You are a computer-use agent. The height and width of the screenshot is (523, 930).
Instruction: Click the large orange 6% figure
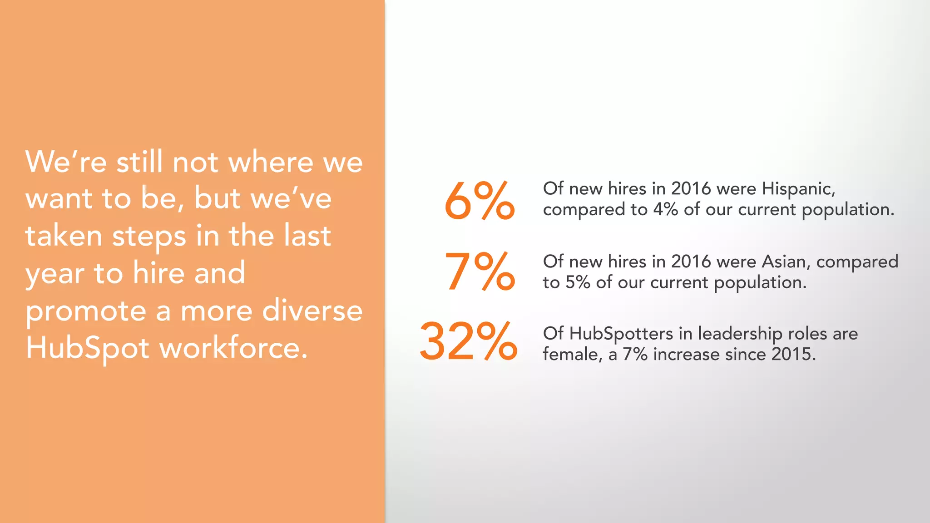pyautogui.click(x=479, y=201)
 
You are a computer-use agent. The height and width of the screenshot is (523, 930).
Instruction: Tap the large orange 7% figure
pyautogui.click(x=479, y=271)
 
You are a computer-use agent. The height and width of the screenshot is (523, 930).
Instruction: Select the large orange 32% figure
pyautogui.click(x=468, y=341)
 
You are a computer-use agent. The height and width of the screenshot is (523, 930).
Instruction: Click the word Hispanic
pyautogui.click(x=798, y=189)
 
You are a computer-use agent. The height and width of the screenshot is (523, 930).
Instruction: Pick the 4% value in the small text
pyautogui.click(x=665, y=210)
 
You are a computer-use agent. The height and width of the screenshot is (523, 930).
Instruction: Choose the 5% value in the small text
pyautogui.click(x=578, y=282)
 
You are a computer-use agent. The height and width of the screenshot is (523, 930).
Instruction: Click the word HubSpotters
pyautogui.click(x=621, y=334)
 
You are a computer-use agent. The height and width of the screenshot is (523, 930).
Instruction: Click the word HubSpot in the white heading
pyautogui.click(x=87, y=349)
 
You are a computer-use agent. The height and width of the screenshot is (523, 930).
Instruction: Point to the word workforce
pyautogui.click(x=234, y=349)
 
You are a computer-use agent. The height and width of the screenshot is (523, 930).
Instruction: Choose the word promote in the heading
pyautogui.click(x=86, y=312)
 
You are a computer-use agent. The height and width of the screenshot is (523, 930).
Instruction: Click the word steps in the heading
pyautogui.click(x=149, y=237)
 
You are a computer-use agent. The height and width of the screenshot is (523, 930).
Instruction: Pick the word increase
pyautogui.click(x=686, y=354)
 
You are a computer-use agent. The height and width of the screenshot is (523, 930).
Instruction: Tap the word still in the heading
pyautogui.click(x=139, y=162)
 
